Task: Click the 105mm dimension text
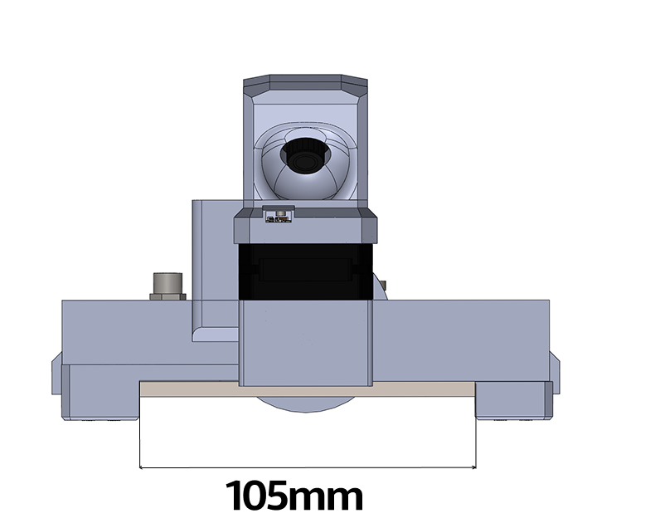click(x=294, y=496)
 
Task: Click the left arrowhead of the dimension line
click(x=142, y=467)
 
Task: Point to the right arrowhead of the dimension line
click(x=473, y=467)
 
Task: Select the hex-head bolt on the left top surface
click(x=167, y=286)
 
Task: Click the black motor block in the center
click(x=305, y=271)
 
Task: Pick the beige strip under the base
click(x=308, y=389)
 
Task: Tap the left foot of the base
click(x=100, y=392)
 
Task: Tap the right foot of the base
click(x=514, y=400)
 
